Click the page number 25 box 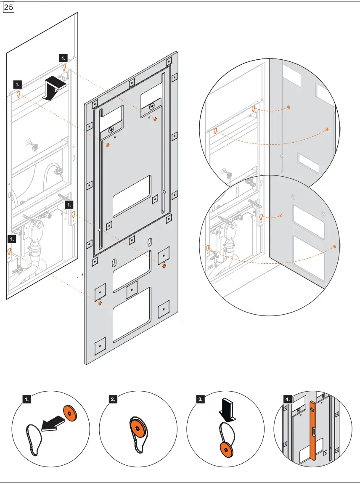click(9, 8)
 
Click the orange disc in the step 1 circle click(70, 414)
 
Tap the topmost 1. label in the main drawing click(63, 57)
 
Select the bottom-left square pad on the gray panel click(100, 346)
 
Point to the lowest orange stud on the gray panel click(100, 303)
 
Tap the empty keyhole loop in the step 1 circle click(34, 437)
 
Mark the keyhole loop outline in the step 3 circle click(227, 433)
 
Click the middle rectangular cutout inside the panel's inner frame click(132, 196)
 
